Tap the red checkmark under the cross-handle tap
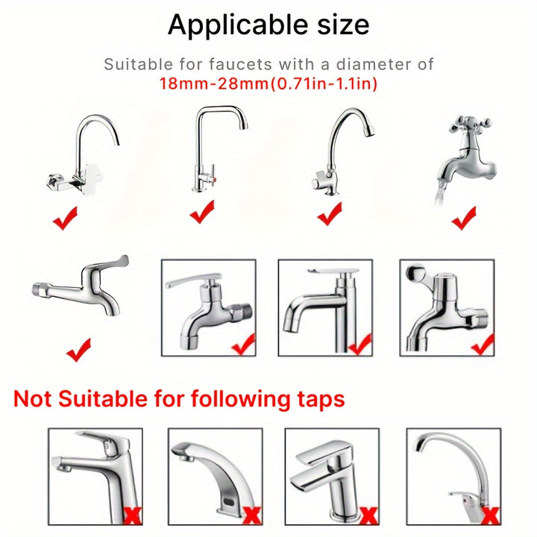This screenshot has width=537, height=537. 464,218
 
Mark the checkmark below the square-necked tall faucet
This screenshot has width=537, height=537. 202,214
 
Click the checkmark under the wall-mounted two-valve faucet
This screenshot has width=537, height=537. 66,219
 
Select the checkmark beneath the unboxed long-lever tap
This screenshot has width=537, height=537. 78,348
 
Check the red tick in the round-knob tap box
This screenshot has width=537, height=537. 482,343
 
